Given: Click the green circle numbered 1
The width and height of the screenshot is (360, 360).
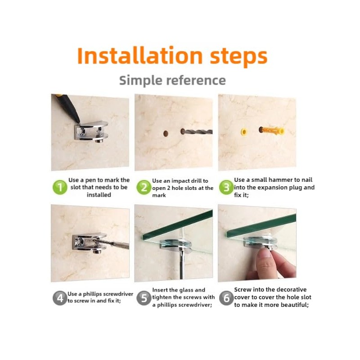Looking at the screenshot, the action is click(x=60, y=187).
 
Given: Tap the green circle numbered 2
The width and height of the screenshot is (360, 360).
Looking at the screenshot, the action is click(x=144, y=187).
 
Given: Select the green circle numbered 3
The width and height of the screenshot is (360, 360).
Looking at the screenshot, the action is click(x=226, y=187).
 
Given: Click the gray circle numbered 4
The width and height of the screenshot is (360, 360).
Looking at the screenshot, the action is click(x=60, y=298).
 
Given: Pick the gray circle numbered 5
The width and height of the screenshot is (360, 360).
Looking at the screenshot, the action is click(x=144, y=298).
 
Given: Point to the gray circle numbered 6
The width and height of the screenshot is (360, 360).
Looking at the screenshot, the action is click(x=226, y=298).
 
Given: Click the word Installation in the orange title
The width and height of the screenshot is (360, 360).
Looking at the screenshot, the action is click(x=140, y=55).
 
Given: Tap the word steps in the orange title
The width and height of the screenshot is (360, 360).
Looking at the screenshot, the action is click(x=238, y=57).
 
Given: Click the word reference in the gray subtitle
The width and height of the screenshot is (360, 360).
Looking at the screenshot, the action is click(x=196, y=81).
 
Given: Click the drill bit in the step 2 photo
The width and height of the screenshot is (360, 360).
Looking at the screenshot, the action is click(x=197, y=132).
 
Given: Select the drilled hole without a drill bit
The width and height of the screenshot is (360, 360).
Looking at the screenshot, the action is click(x=166, y=133).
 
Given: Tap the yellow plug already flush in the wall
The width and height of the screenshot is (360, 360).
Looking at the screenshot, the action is click(x=244, y=132).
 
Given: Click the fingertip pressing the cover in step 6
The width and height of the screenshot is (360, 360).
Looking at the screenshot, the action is click(x=265, y=253).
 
